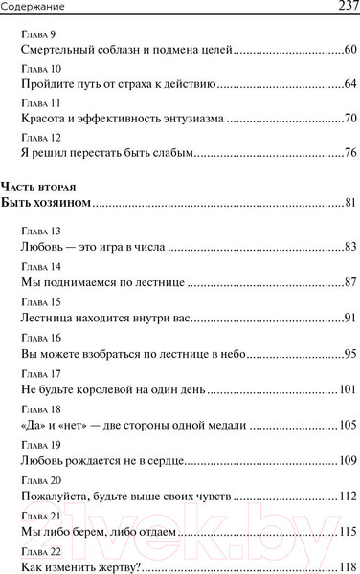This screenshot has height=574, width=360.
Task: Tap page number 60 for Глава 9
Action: pyautogui.click(x=349, y=50)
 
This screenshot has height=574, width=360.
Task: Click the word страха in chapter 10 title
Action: pyautogui.click(x=127, y=84)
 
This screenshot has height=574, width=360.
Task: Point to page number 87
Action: pyautogui.click(x=349, y=281)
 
